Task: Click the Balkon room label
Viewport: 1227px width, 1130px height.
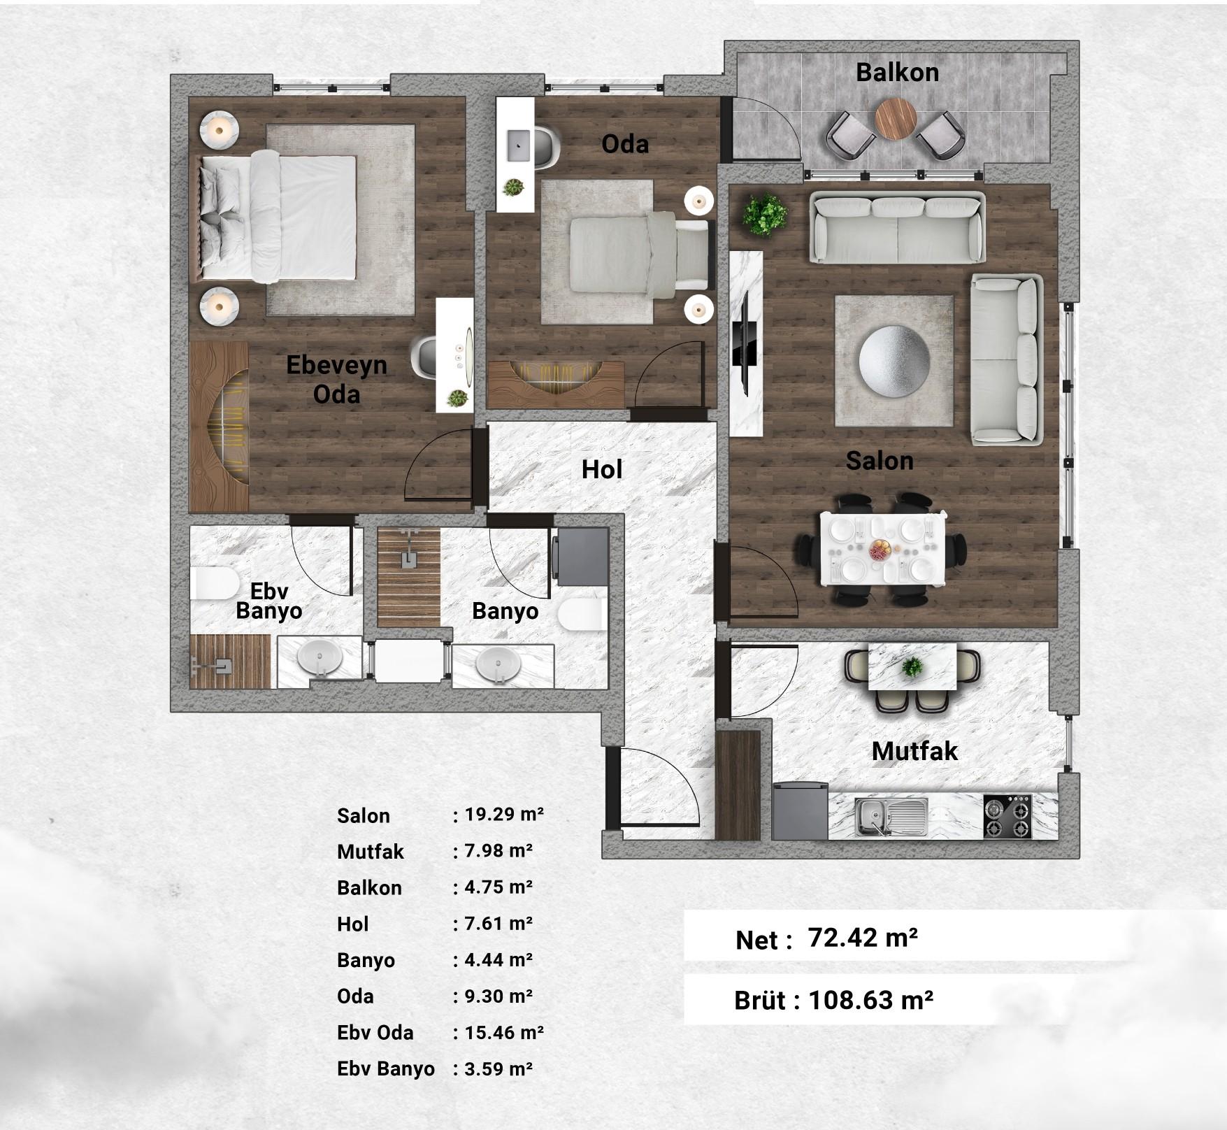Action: pos(897,72)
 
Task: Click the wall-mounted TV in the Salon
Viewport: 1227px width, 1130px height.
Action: pos(745,338)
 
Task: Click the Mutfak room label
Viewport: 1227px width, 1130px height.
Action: pos(914,751)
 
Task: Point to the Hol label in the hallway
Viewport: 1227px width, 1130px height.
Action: pos(601,469)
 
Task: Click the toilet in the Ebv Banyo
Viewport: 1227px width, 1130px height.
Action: pos(213,583)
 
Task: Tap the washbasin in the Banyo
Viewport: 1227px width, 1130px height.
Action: pos(498,664)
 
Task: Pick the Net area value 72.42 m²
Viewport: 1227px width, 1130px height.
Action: pos(862,937)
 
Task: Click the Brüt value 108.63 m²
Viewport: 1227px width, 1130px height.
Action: pos(870,1000)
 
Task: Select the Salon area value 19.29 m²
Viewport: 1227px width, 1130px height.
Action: pos(504,814)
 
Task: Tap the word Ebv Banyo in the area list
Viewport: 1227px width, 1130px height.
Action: pos(385,1068)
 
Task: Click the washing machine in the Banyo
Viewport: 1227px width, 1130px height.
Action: pos(580,557)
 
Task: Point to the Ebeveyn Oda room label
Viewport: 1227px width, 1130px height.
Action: pos(336,379)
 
